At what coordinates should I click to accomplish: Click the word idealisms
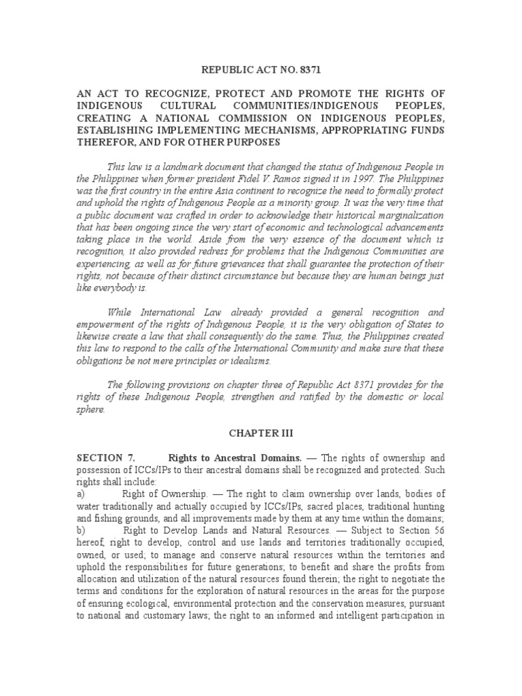click(250, 360)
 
